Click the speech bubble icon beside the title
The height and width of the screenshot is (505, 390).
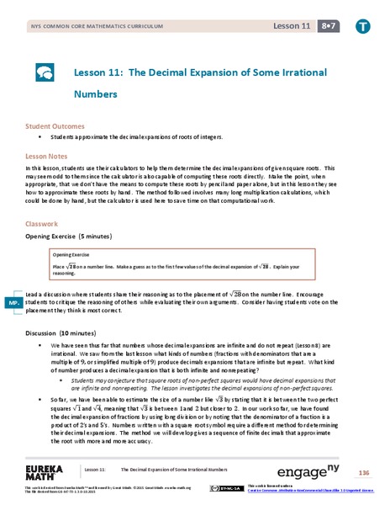pyautogui.click(x=45, y=72)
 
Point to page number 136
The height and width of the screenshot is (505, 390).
pyautogui.click(x=363, y=472)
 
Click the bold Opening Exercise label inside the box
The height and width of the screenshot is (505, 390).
pyautogui.click(x=71, y=253)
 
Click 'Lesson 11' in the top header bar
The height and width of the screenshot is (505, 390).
pyautogui.click(x=286, y=25)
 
